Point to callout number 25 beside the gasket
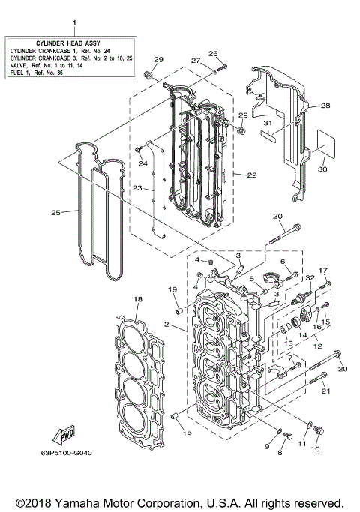coord(55,213)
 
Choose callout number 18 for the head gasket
coord(137,300)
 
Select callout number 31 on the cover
coord(266,123)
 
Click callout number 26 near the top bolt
coord(212,54)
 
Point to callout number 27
coord(194,61)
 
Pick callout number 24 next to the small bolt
coord(141,163)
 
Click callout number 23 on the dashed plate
coord(137,189)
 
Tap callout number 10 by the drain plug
coord(315,449)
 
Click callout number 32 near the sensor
coord(308,277)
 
